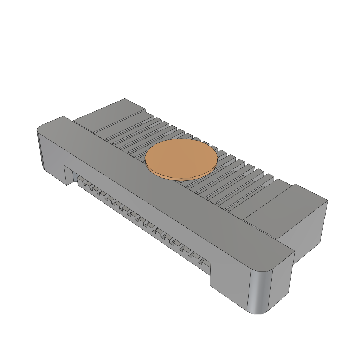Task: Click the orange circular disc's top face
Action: [181, 157]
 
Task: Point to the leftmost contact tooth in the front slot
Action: [81, 182]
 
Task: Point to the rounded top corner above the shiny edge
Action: [267, 269]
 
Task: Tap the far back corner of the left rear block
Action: [125, 99]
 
